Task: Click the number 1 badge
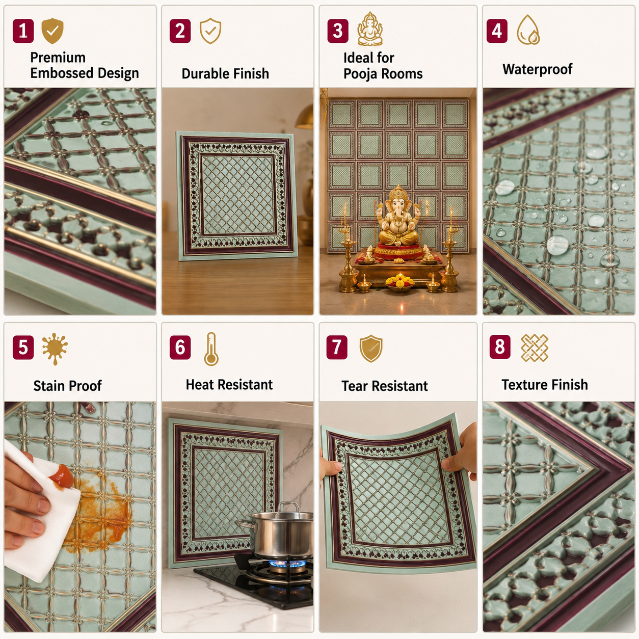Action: [x=23, y=31]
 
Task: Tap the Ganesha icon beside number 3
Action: [x=370, y=29]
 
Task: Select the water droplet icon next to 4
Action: [x=528, y=30]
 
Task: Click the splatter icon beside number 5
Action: [x=55, y=348]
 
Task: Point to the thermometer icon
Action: [x=211, y=349]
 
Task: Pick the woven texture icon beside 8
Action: [x=535, y=348]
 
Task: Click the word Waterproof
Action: [x=537, y=69]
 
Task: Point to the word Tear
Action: [x=355, y=386]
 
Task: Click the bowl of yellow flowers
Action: [x=400, y=283]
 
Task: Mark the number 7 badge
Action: [x=337, y=347]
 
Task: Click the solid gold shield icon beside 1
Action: [x=52, y=31]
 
